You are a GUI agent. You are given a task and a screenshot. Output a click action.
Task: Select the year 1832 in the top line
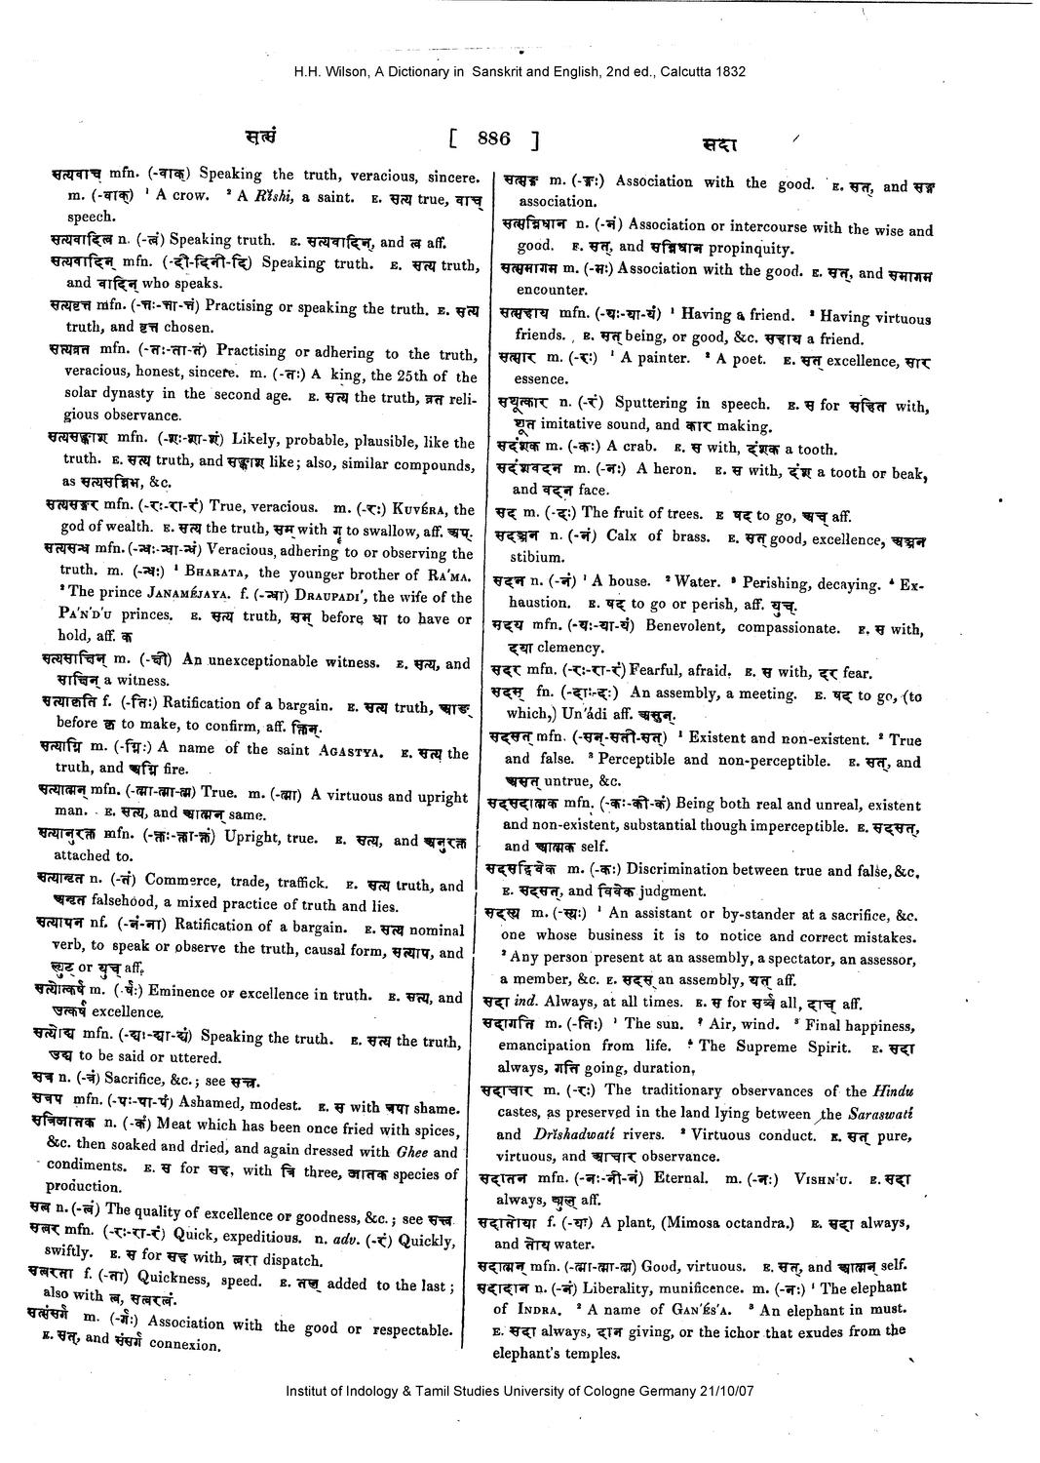[x=730, y=71]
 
